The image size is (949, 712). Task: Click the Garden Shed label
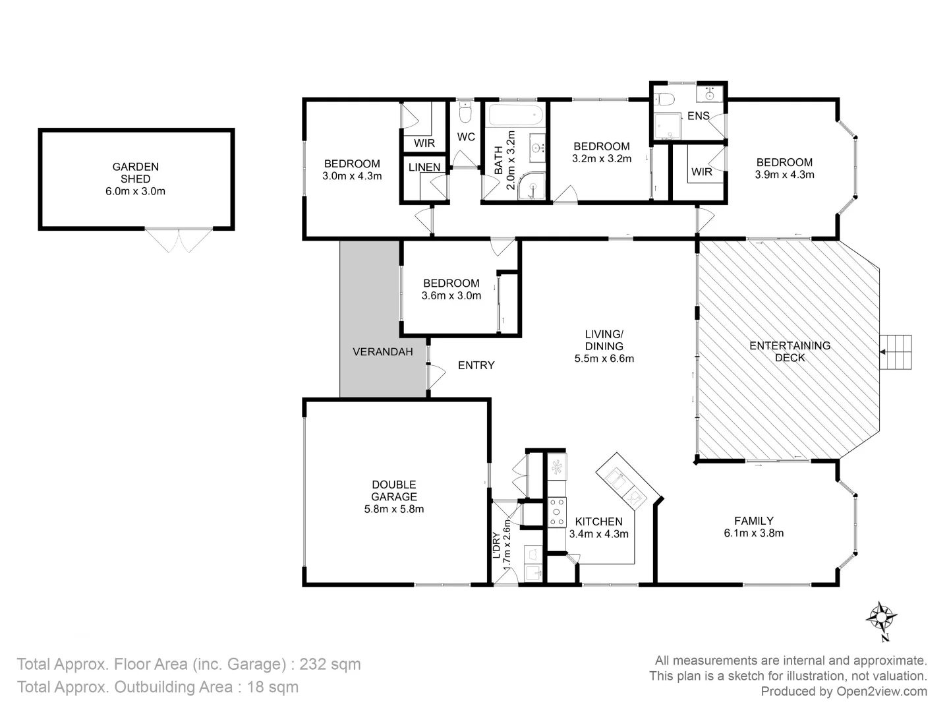point(135,173)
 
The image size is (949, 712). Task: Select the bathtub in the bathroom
point(515,116)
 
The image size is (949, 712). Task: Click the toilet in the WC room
point(465,114)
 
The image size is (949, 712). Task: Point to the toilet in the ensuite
point(666,100)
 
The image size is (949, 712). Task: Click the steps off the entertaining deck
point(896,352)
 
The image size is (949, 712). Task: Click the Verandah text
point(383,351)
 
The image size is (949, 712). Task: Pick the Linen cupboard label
point(424,167)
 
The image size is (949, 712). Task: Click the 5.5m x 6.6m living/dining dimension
point(604,359)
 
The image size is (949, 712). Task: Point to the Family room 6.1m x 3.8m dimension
point(754,533)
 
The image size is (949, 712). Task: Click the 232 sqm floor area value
point(330,664)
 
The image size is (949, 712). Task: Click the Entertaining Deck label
point(790,351)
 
